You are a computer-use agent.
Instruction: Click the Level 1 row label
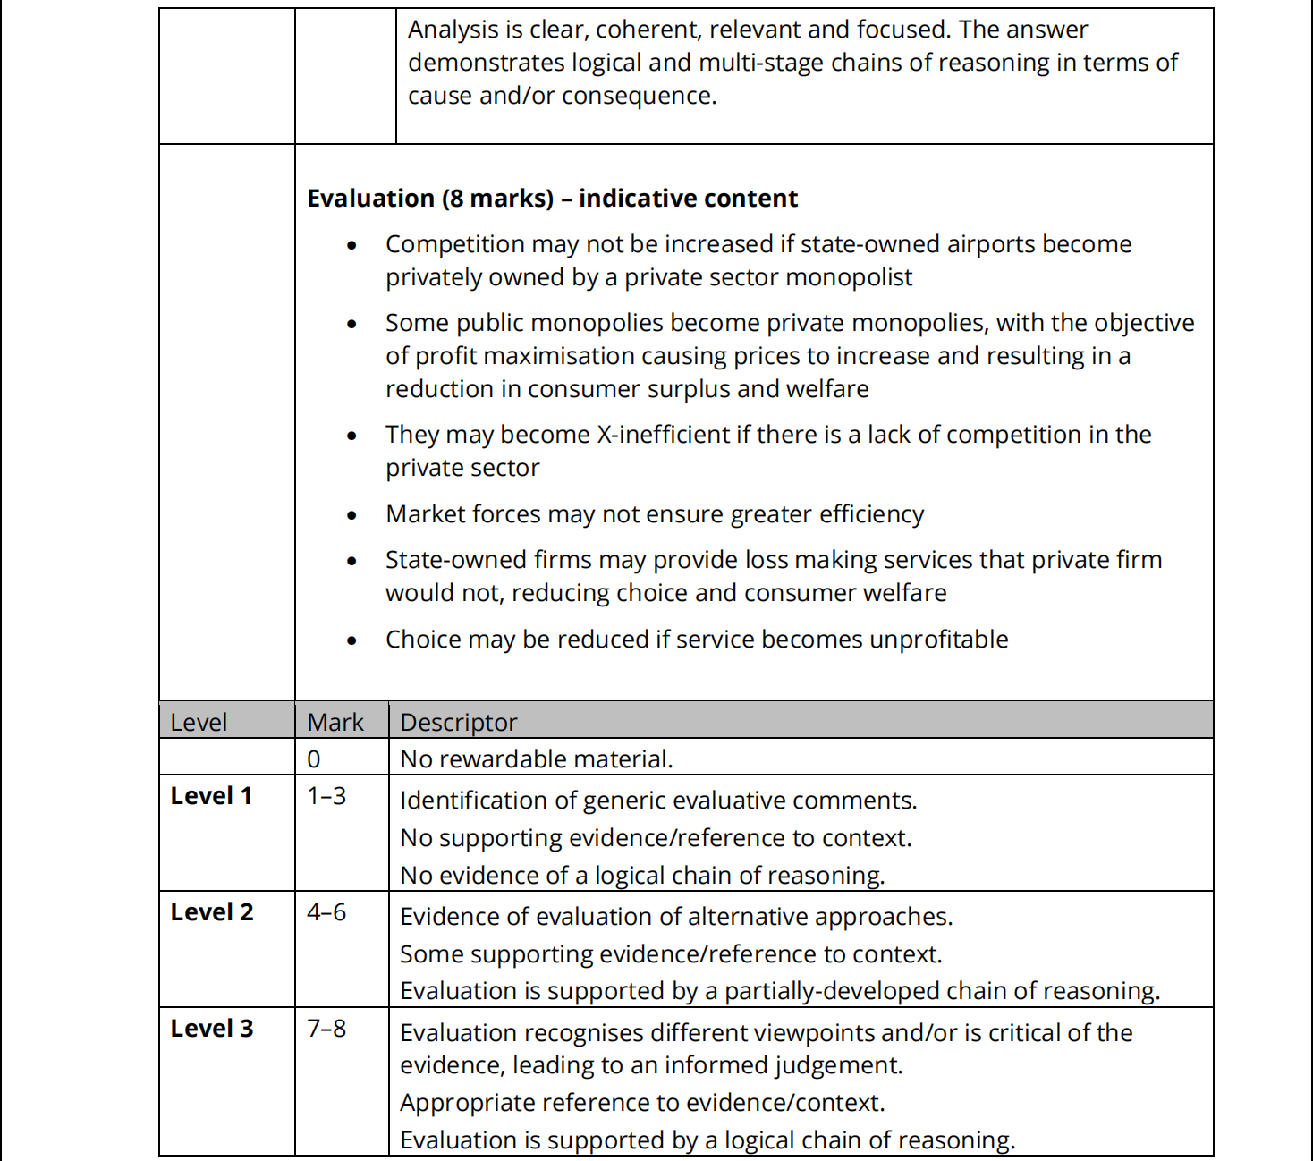pyautogui.click(x=211, y=795)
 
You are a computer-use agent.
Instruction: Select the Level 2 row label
pyautogui.click(x=212, y=911)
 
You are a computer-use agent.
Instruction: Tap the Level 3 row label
pyautogui.click(x=212, y=1028)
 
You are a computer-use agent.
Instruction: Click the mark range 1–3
pyautogui.click(x=326, y=795)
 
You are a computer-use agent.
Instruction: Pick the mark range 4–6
pyautogui.click(x=326, y=911)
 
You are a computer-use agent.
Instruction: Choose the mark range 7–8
pyautogui.click(x=326, y=1028)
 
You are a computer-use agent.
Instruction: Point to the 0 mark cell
pyautogui.click(x=314, y=758)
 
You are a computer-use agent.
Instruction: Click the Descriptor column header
pyautogui.click(x=459, y=722)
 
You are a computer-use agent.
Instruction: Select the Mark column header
pyautogui.click(x=335, y=722)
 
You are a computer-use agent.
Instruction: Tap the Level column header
pyautogui.click(x=199, y=722)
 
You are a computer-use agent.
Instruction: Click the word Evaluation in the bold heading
pyautogui.click(x=370, y=198)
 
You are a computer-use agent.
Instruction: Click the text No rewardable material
pyautogui.click(x=536, y=758)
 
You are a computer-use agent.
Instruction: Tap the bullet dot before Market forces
pyautogui.click(x=352, y=515)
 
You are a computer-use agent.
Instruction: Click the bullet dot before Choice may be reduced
pyautogui.click(x=352, y=640)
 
